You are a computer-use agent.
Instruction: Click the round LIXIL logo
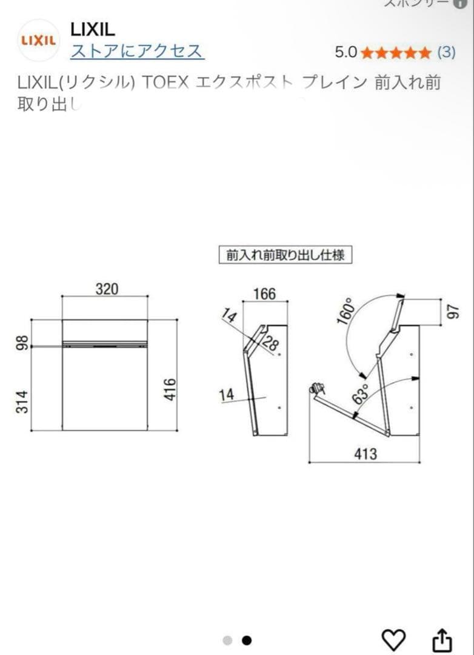pyautogui.click(x=39, y=40)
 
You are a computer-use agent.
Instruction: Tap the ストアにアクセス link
pyautogui.click(x=137, y=51)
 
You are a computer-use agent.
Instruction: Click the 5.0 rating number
pyautogui.click(x=346, y=52)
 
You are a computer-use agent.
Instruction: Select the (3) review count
pyautogui.click(x=446, y=52)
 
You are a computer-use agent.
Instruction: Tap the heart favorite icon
pyautogui.click(x=393, y=639)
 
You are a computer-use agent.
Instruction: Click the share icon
pyautogui.click(x=442, y=639)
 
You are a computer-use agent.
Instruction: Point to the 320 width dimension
pyautogui.click(x=107, y=289)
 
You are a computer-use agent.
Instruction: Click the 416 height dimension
pyautogui.click(x=170, y=389)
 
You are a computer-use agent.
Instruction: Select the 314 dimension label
pyautogui.click(x=22, y=402)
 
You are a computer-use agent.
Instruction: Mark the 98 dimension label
pyautogui.click(x=22, y=343)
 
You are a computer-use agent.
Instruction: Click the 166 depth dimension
pyautogui.click(x=264, y=294)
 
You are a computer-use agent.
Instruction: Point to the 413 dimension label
pyautogui.click(x=366, y=454)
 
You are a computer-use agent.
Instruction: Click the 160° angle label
pyautogui.click(x=347, y=311)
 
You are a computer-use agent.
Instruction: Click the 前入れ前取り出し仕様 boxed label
pyautogui.click(x=285, y=255)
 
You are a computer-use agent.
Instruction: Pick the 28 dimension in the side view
pyautogui.click(x=271, y=344)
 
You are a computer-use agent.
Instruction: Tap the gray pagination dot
pyautogui.click(x=227, y=640)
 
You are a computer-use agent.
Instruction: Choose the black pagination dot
pyautogui.click(x=247, y=640)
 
